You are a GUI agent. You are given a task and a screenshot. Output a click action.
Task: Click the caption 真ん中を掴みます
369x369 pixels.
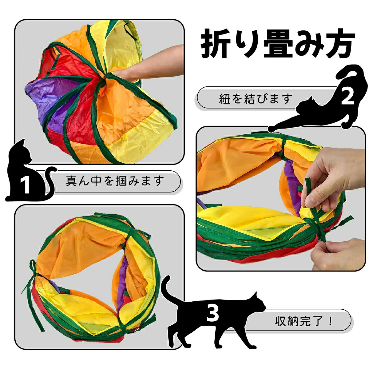pyautogui.click(x=115, y=181)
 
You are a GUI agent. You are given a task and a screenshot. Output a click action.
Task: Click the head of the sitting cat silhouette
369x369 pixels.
pyautogui.click(x=23, y=151)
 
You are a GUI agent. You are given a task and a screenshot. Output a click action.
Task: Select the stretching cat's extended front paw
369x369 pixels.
pyautogui.click(x=272, y=129)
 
